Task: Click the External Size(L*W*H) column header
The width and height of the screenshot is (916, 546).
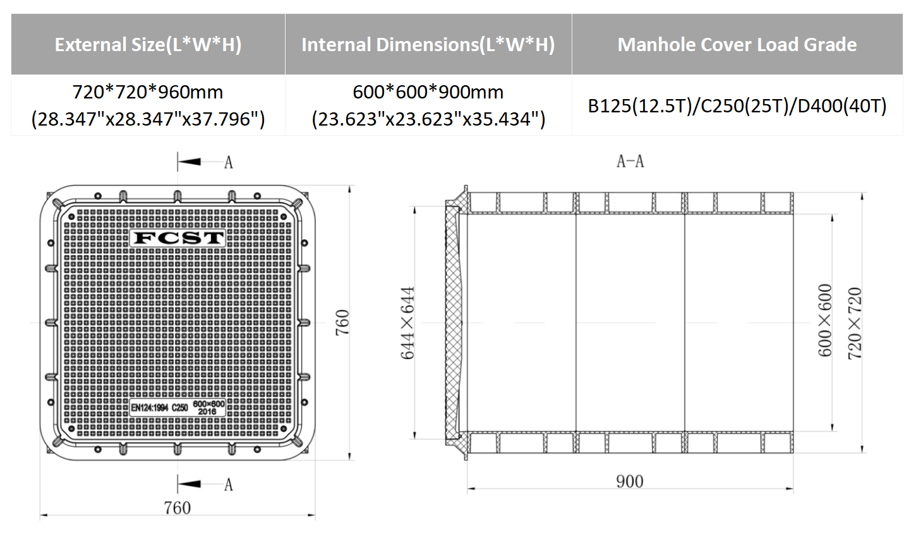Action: click(x=148, y=45)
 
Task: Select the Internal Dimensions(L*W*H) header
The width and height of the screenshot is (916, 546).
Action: click(x=428, y=45)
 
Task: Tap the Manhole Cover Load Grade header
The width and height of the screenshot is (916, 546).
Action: click(x=737, y=45)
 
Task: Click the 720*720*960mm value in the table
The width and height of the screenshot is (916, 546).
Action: click(x=148, y=92)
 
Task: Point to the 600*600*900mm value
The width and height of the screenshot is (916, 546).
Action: click(x=428, y=92)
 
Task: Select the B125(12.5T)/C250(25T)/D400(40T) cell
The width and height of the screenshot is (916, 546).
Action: click(x=737, y=105)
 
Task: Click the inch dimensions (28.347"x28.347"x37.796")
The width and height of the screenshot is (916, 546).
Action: click(x=148, y=119)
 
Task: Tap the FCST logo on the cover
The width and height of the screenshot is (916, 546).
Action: click(x=178, y=238)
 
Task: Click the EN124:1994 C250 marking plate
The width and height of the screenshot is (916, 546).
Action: click(x=178, y=407)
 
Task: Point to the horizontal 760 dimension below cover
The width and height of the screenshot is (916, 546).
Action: click(x=177, y=507)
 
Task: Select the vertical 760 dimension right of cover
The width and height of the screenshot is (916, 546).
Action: click(x=342, y=322)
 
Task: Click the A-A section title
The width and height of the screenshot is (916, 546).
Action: click(x=630, y=162)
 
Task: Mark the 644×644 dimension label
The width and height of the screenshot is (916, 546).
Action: click(x=408, y=323)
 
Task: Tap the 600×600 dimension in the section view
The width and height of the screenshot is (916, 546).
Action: click(x=825, y=321)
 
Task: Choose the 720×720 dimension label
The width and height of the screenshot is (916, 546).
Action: click(x=854, y=323)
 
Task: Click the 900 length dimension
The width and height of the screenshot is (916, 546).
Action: click(x=629, y=482)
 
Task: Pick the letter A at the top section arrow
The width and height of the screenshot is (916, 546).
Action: click(x=229, y=163)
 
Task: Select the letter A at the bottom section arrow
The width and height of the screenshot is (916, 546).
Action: click(x=229, y=485)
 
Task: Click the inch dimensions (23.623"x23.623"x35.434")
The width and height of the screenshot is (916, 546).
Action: click(x=428, y=119)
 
